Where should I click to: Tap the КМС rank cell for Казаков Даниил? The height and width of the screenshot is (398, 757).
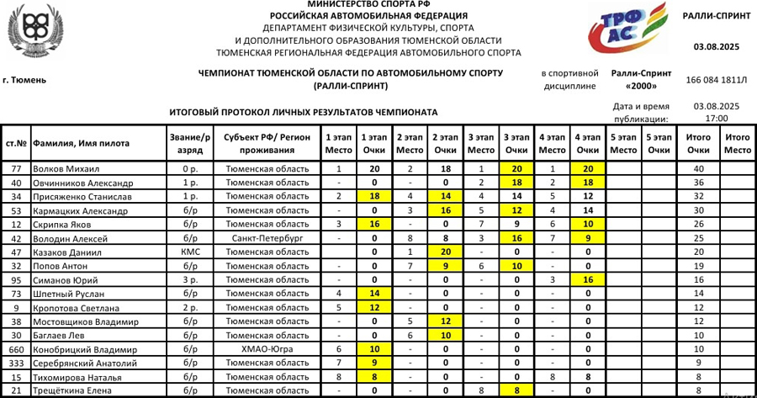pyautogui.click(x=189, y=252)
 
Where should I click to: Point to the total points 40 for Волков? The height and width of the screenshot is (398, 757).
pyautogui.click(x=698, y=169)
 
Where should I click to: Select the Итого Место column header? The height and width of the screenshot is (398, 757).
pyautogui.click(x=737, y=142)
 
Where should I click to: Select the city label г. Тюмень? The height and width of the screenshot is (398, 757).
pyautogui.click(x=24, y=80)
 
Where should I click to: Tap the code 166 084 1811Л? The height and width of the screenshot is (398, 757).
pyautogui.click(x=716, y=80)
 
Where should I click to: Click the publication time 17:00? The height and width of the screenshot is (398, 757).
pyautogui.click(x=716, y=119)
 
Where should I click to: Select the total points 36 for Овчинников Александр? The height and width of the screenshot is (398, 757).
pyautogui.click(x=698, y=183)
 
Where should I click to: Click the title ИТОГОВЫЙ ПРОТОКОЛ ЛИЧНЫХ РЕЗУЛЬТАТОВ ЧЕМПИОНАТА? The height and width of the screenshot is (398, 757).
pyautogui.click(x=303, y=112)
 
